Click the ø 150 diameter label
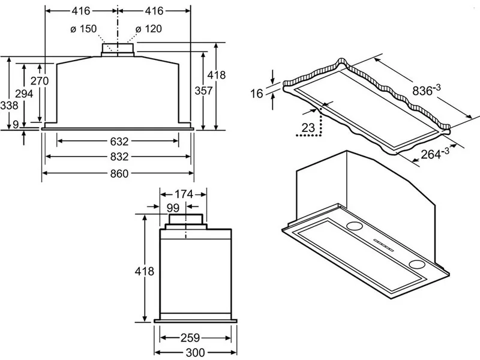[83, 29]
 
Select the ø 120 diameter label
[148, 29]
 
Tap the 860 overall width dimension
[119, 173]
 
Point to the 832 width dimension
[119, 157]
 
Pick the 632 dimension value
[119, 142]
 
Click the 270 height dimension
[40, 81]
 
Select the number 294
[24, 94]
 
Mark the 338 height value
[9, 106]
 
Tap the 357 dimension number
[203, 91]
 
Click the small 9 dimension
[16, 124]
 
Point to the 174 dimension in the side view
[184, 194]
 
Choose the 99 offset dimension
[173, 208]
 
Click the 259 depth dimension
[190, 338]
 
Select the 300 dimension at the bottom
[195, 353]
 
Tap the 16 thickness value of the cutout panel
[257, 94]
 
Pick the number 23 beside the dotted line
[308, 128]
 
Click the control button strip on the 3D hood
[383, 245]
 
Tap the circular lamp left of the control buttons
[354, 226]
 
